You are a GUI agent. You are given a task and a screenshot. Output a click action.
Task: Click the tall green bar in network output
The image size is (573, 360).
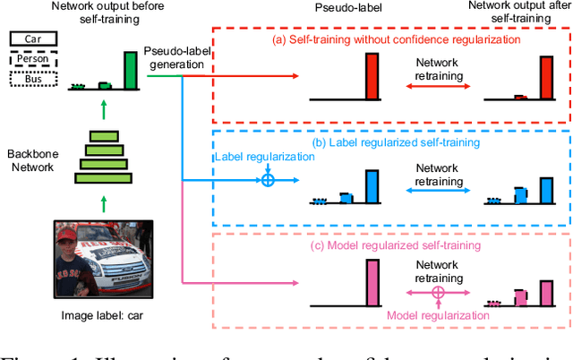[x=131, y=70]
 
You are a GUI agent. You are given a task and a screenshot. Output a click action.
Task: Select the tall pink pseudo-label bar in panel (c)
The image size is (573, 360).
[x=372, y=279]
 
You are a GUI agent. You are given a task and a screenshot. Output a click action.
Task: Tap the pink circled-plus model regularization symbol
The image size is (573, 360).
[x=439, y=293]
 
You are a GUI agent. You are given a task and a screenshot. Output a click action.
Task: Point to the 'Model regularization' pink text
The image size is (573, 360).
[x=438, y=314]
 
